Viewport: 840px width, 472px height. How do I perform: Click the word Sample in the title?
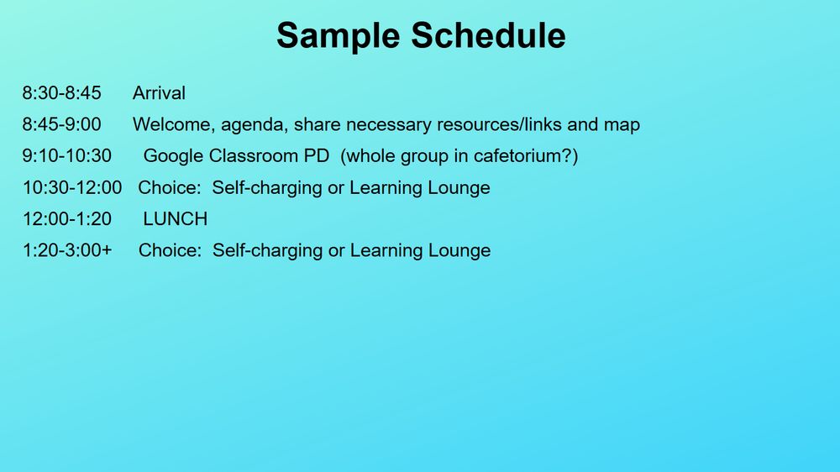(338, 36)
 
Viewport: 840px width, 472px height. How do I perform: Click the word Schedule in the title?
(488, 35)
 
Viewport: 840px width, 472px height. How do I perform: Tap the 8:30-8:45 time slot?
(61, 93)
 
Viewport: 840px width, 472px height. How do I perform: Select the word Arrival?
(159, 93)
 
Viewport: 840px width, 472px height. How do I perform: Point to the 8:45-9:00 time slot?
(61, 124)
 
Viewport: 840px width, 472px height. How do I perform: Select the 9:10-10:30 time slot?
(67, 156)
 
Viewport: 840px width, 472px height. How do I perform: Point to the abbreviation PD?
(317, 156)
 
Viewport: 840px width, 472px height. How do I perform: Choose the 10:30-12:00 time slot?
(72, 187)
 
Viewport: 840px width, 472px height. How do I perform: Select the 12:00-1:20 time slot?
(67, 218)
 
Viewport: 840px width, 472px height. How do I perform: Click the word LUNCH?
(176, 218)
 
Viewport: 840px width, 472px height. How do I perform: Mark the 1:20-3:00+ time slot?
(67, 250)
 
